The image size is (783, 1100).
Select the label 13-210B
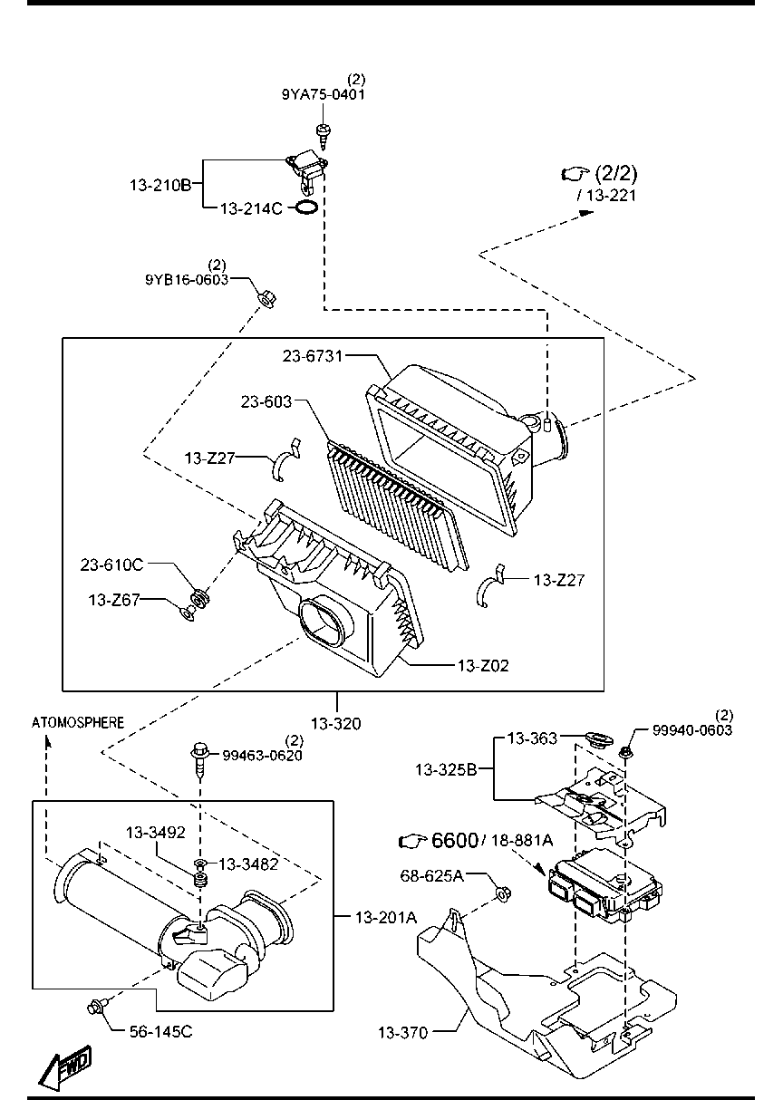159,185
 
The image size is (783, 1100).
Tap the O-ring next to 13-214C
306,208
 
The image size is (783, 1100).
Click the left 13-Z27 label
210,458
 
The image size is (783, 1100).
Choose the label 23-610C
111,564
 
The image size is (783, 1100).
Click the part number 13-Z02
482,665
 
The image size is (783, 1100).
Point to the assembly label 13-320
335,723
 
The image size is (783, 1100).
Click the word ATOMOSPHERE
78,722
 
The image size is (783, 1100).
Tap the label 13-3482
248,864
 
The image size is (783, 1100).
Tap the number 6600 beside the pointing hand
454,841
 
